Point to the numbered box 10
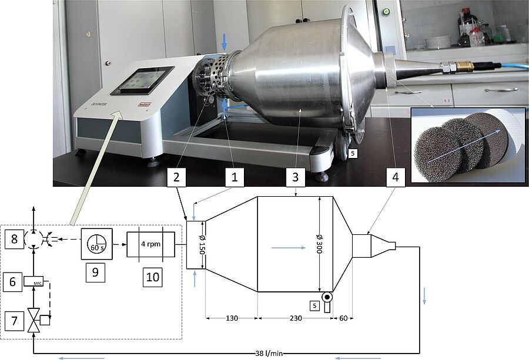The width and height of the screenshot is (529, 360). coord(151,276)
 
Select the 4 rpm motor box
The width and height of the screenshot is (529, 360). coord(151,243)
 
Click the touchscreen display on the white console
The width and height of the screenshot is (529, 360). coord(143,80)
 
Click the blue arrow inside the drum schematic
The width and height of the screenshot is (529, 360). coord(288,248)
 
